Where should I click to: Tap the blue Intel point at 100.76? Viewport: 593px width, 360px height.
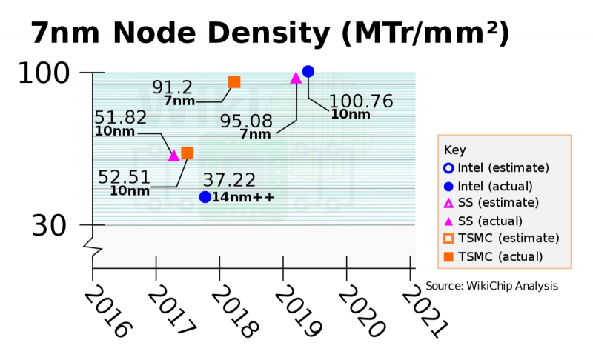pyautogui.click(x=308, y=71)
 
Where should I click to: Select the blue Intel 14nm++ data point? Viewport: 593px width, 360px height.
pyautogui.click(x=205, y=196)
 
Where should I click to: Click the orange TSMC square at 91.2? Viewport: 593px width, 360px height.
pyautogui.click(x=234, y=81)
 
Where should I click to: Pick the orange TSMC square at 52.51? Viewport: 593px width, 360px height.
pyautogui.click(x=188, y=153)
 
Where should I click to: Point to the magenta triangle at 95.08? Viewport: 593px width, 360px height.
pyautogui.click(x=295, y=77)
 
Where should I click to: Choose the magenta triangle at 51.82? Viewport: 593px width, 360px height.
pyautogui.click(x=174, y=155)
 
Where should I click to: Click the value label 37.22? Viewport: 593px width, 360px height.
pyautogui.click(x=229, y=181)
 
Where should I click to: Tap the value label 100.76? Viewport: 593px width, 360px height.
pyautogui.click(x=361, y=101)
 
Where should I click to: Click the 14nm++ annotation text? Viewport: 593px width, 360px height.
pyautogui.click(x=243, y=197)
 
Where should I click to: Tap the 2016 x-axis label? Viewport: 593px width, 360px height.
pyautogui.click(x=106, y=312)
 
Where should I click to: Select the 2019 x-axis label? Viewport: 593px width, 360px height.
pyautogui.click(x=296, y=312)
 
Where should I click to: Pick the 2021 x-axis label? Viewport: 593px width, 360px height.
pyautogui.click(x=424, y=312)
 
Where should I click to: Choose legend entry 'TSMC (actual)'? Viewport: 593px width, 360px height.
pyautogui.click(x=500, y=256)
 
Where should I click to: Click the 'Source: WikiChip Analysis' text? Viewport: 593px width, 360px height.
pyautogui.click(x=491, y=286)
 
